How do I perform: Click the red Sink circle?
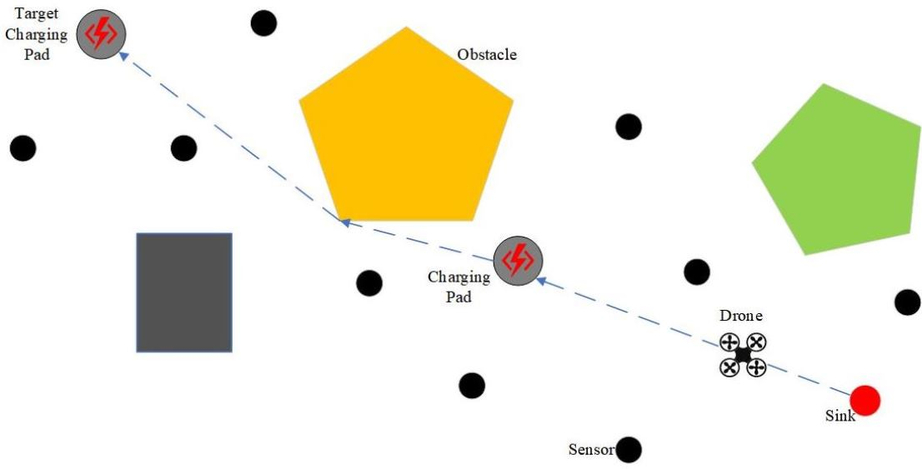[865, 401]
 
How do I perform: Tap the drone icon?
[742, 355]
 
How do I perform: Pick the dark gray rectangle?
[184, 292]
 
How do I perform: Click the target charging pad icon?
[101, 34]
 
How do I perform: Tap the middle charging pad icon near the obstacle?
[518, 261]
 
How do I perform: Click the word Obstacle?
[487, 55]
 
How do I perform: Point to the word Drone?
[741, 317]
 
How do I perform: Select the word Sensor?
[591, 450]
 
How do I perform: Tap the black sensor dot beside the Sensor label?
[628, 450]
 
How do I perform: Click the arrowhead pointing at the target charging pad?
[123, 56]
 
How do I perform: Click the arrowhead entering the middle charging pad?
[540, 281]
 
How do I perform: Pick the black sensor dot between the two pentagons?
[628, 127]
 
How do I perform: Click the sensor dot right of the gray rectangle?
[369, 283]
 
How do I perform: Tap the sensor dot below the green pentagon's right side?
[907, 302]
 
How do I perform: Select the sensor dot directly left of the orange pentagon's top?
[263, 23]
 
